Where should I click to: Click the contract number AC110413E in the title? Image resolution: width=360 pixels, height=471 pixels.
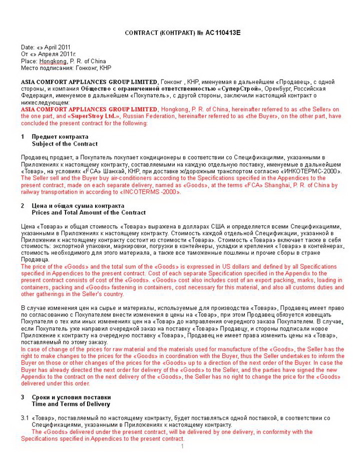click(x=223, y=33)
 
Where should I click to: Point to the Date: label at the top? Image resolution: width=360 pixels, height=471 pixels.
click(x=28, y=48)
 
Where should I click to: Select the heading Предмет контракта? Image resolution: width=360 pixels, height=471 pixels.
click(x=60, y=137)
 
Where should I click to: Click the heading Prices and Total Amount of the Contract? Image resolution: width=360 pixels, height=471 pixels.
click(x=89, y=213)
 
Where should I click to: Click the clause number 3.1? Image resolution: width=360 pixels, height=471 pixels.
click(x=25, y=418)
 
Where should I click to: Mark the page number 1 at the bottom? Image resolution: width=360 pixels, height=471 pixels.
click(x=183, y=446)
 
